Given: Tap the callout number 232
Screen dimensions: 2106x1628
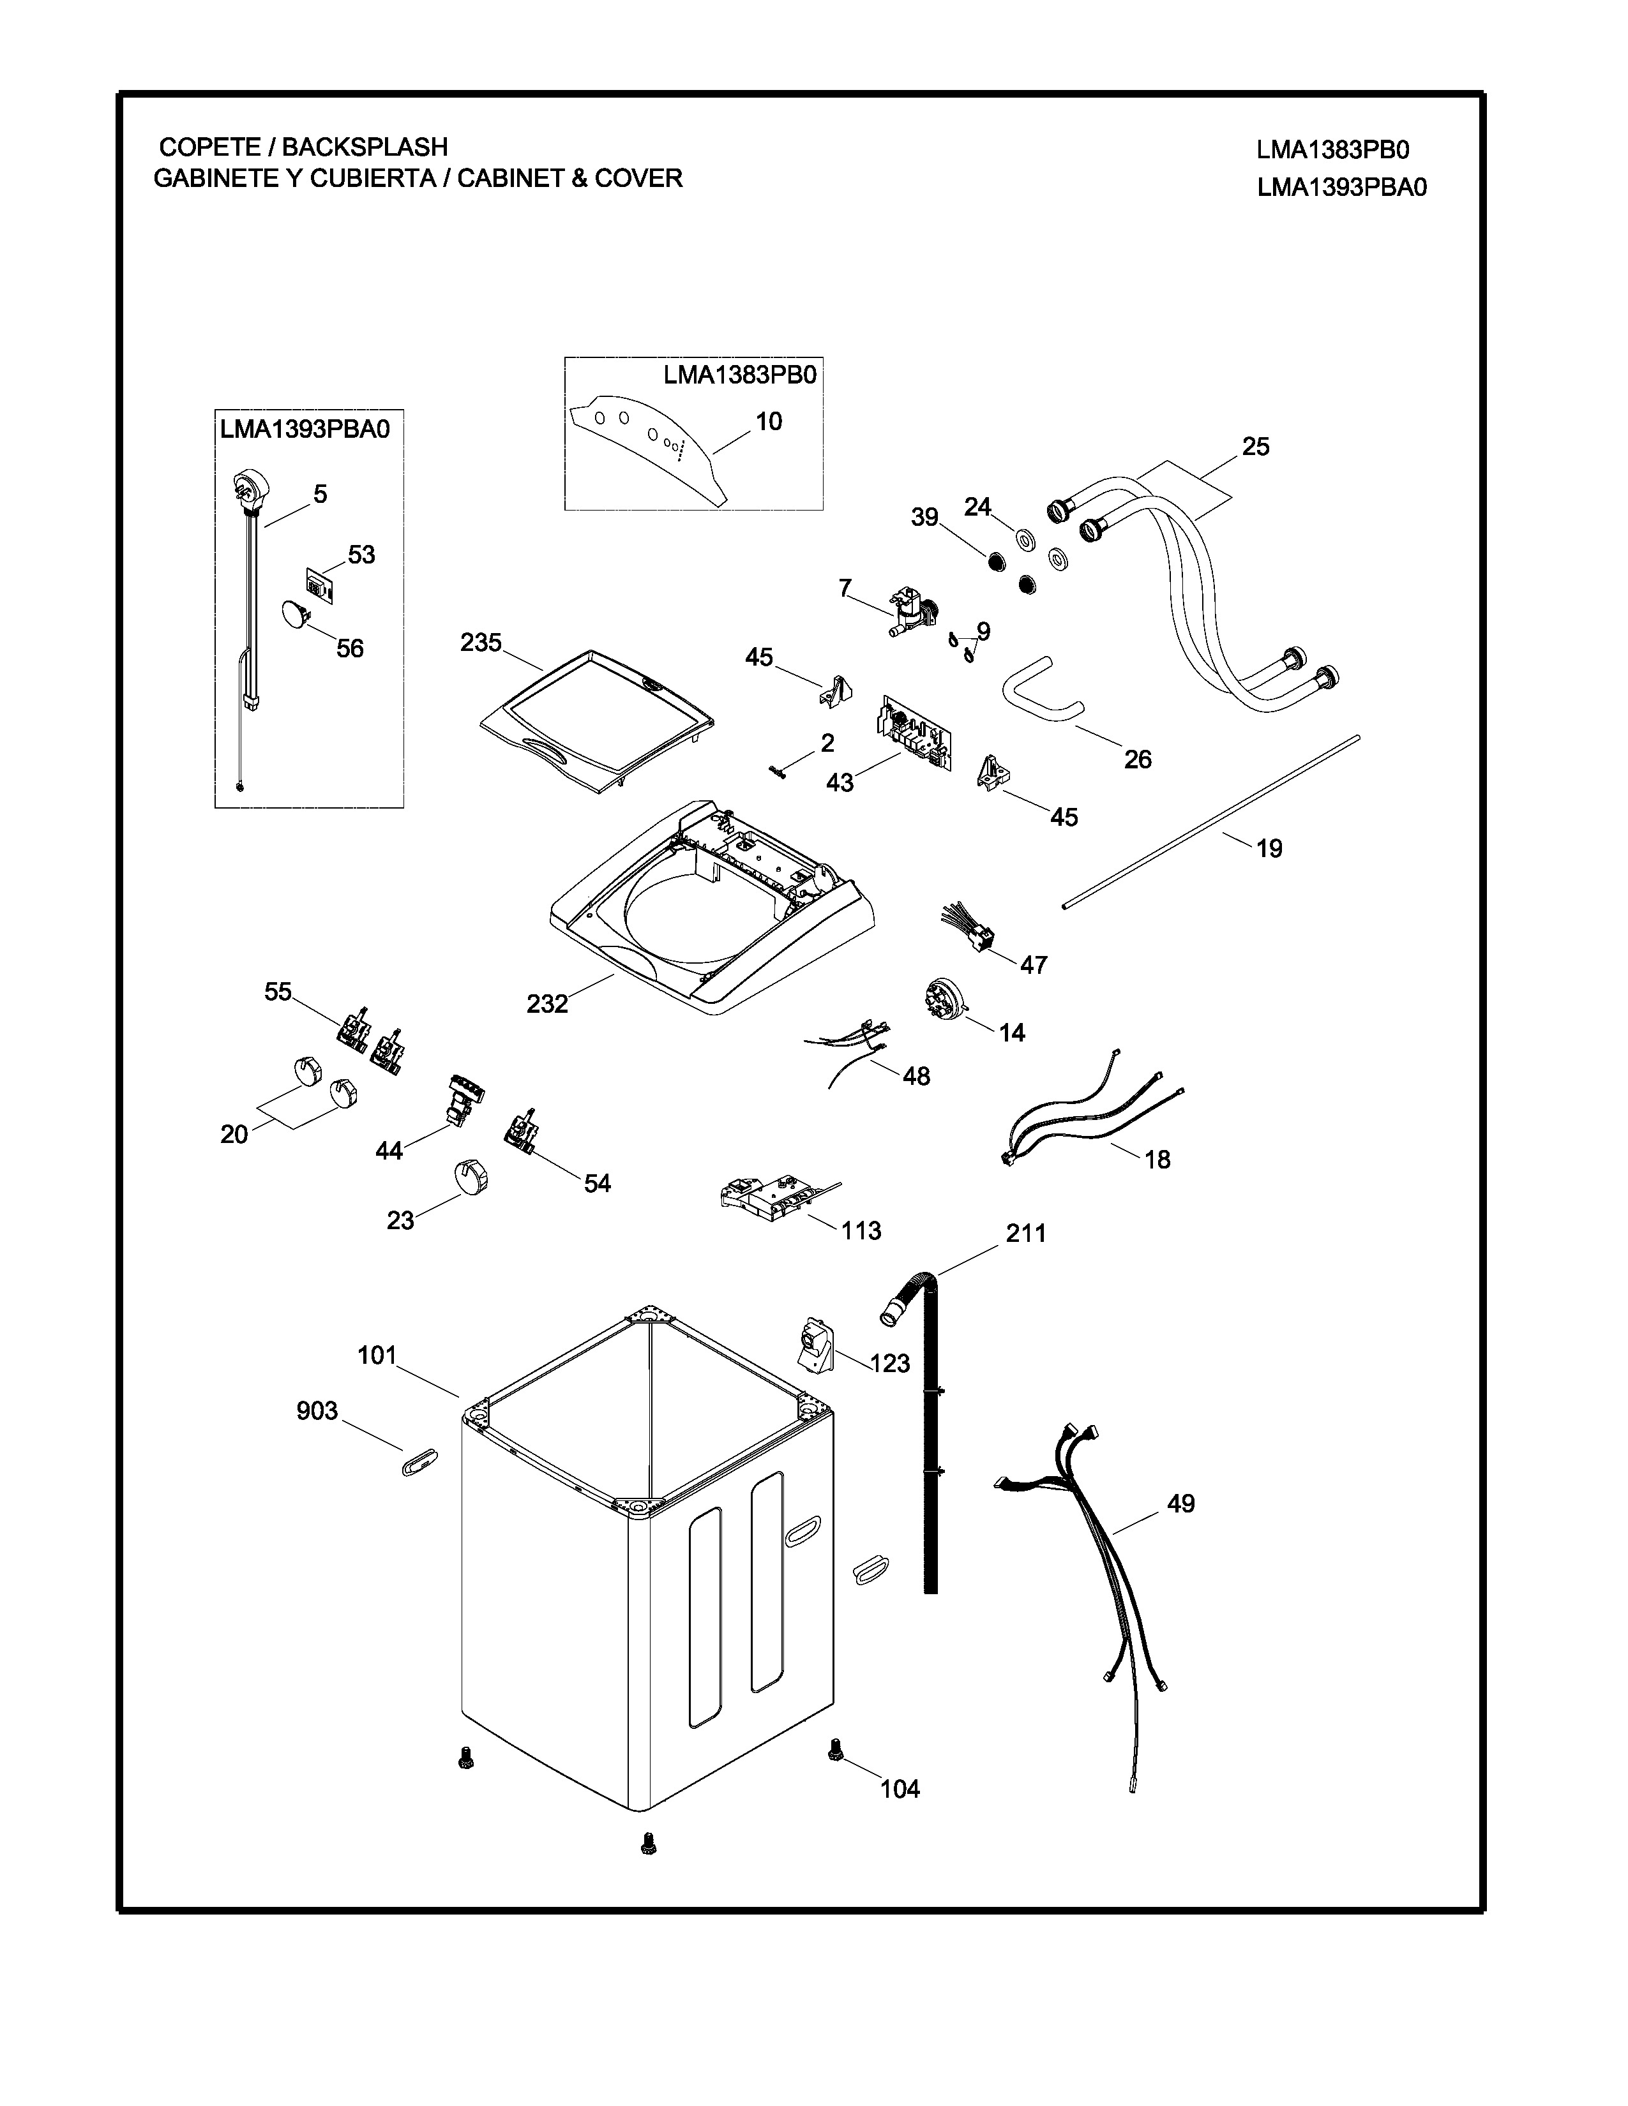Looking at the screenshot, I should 547,1004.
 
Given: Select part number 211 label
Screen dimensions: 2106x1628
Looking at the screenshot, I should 1025,1234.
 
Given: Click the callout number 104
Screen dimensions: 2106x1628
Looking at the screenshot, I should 900,1789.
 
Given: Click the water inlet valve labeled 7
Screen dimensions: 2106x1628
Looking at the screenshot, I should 910,610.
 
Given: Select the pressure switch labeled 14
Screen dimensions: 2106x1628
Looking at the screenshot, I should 940,997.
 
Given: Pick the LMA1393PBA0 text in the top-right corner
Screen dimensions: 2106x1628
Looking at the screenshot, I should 1341,187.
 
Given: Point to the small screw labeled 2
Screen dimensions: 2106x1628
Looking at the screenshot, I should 778,768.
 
